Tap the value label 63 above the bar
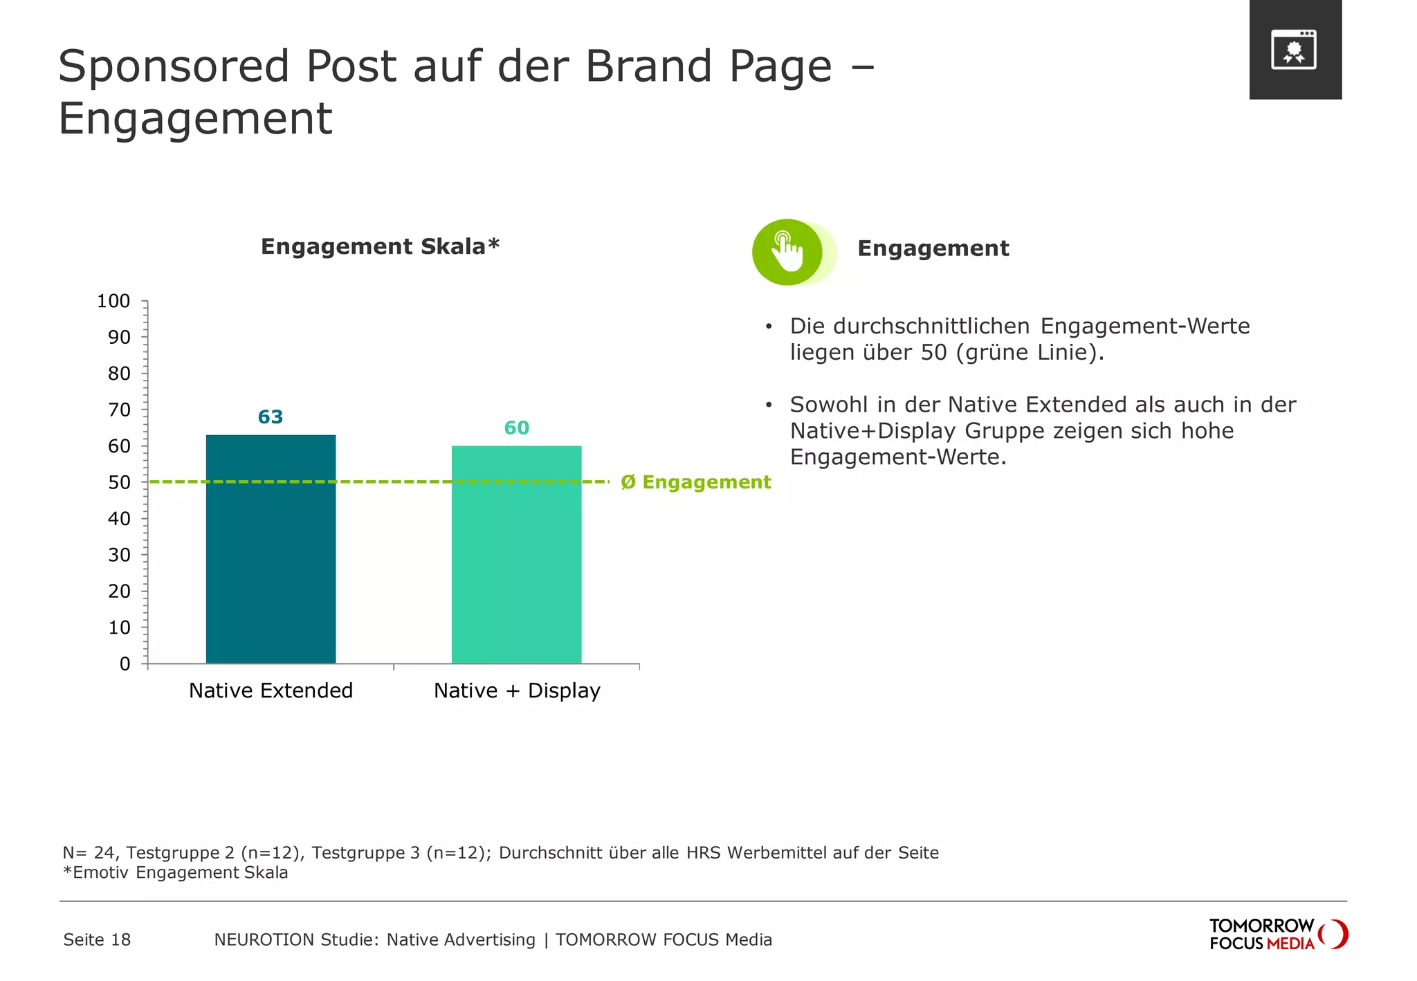[271, 417]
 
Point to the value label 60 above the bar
[516, 428]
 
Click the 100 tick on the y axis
[113, 301]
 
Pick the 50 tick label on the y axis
[119, 482]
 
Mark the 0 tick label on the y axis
[125, 664]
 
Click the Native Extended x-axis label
[271, 690]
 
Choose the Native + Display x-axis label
[516, 690]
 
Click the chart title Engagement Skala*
[380, 246]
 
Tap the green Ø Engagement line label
[695, 482]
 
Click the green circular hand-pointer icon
[787, 253]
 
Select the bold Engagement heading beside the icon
[933, 248]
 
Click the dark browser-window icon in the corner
[1294, 50]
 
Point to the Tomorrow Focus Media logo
[1277, 935]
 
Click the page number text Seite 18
[97, 939]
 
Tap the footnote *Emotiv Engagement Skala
[176, 872]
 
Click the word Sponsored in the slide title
[174, 66]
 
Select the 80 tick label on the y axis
[119, 374]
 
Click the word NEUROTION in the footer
[255, 939]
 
